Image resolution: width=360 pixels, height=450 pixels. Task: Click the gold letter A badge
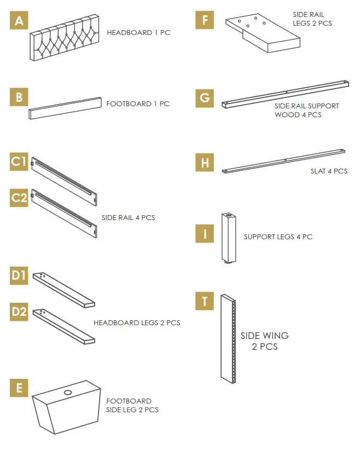[19, 21]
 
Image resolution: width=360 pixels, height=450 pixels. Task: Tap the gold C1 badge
[19, 161]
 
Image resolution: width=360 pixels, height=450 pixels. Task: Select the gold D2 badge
[19, 312]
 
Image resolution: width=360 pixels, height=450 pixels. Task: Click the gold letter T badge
[205, 301]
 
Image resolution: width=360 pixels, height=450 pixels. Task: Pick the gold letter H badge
[205, 163]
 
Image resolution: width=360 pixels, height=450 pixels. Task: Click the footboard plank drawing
[65, 108]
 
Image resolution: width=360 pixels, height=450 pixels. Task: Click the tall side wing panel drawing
[228, 338]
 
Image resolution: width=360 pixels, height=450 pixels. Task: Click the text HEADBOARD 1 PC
[138, 33]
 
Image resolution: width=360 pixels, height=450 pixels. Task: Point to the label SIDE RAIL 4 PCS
[128, 217]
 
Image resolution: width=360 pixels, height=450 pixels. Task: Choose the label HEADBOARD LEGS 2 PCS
[137, 322]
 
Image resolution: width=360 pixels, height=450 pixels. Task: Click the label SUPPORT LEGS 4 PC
[278, 236]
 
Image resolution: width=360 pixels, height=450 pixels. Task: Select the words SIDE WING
[264, 336]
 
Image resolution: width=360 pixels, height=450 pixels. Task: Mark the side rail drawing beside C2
[64, 212]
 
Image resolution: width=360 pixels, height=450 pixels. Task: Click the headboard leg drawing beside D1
[63, 290]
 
